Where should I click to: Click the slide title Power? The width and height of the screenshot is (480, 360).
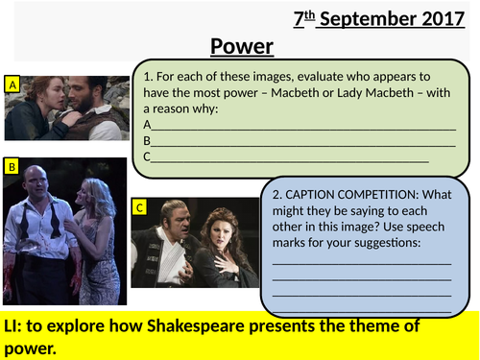click(242, 46)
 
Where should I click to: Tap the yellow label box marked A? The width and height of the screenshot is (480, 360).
click(12, 84)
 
